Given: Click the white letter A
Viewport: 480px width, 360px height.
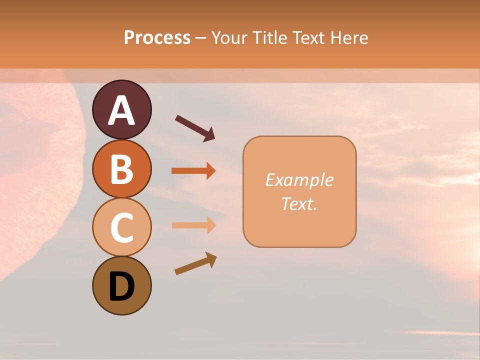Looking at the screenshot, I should point(121,110).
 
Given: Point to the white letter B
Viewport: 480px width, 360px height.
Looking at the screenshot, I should point(121,169).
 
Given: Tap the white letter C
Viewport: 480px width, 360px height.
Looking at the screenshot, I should point(121,227).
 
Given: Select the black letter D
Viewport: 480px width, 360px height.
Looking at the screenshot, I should point(121,286).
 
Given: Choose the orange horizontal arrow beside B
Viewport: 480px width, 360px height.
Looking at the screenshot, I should point(193,171).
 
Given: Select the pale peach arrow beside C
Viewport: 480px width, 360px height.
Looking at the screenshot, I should point(193,225).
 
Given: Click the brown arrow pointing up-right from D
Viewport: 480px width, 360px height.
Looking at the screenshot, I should point(195,263).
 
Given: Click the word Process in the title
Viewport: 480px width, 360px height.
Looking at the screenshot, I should point(157,38).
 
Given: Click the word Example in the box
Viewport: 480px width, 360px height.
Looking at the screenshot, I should point(299,180).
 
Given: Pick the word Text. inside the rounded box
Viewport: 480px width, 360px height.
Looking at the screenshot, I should point(299,203).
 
